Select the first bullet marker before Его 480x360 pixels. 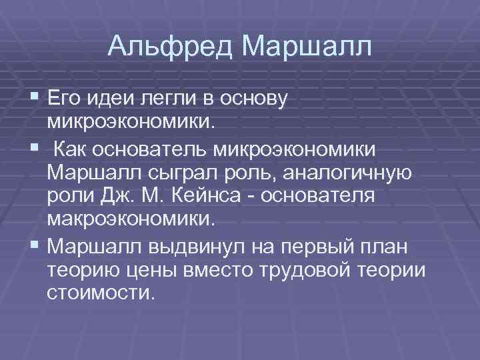click(x=35, y=99)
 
